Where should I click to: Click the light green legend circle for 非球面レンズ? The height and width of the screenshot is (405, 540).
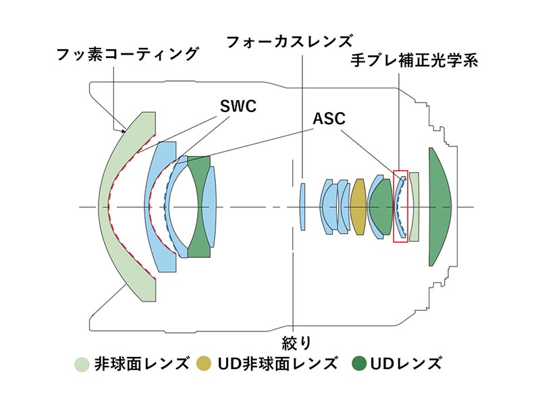82,364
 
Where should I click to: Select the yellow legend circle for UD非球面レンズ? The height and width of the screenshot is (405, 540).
205,364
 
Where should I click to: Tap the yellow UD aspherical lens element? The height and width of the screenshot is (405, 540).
358,206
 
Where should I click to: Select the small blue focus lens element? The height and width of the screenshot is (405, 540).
303,206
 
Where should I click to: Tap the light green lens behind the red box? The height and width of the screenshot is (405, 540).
414,206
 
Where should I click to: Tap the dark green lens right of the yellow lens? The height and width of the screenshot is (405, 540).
380,206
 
